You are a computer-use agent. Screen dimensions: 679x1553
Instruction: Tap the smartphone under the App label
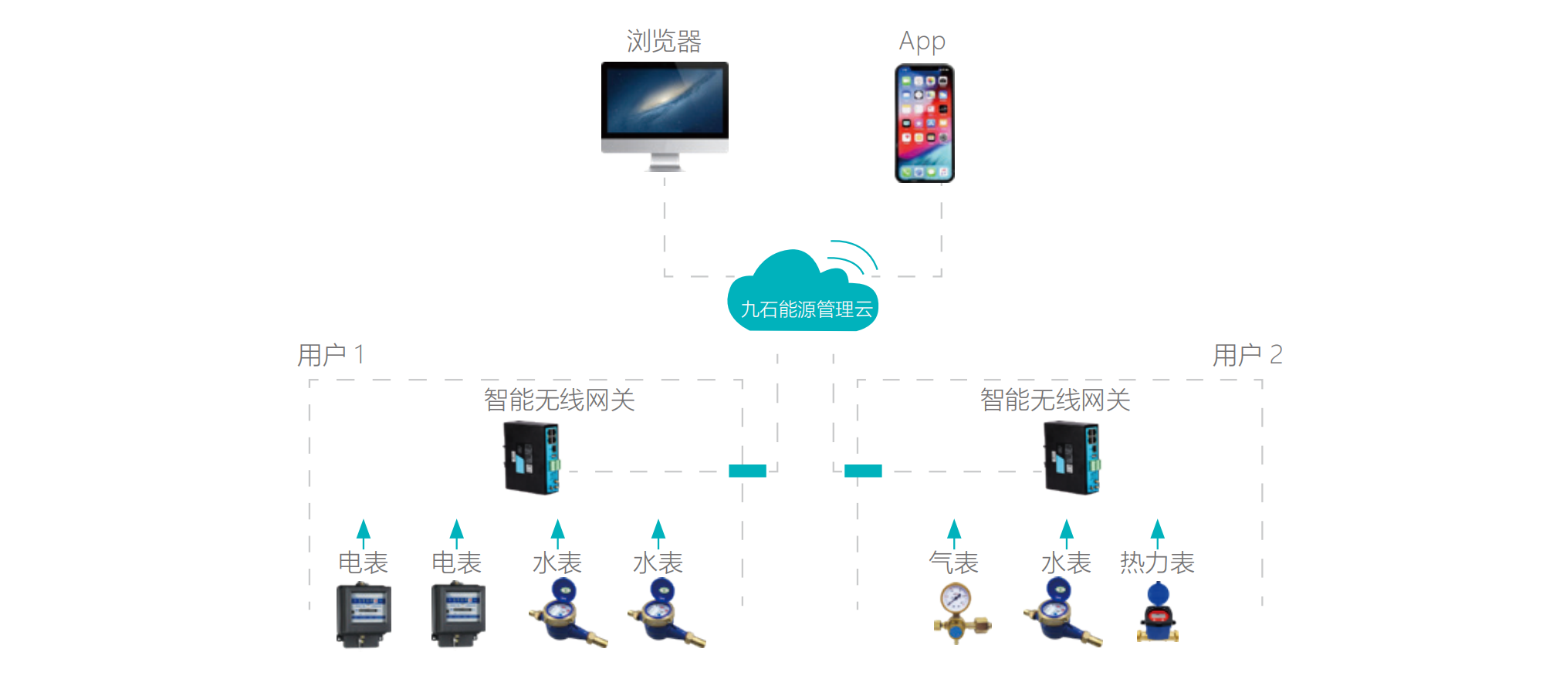point(924,123)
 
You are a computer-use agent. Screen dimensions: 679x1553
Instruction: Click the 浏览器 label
point(664,41)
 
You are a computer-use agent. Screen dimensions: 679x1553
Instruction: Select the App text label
point(922,41)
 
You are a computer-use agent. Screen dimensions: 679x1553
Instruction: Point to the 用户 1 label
point(330,355)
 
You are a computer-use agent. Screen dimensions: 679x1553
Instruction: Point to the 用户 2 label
point(1247,355)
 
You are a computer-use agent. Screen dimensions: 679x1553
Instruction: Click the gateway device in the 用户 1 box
point(531,458)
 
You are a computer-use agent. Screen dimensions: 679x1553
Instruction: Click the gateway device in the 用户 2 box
point(1071,458)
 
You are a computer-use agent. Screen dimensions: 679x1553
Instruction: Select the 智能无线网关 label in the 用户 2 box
point(1055,400)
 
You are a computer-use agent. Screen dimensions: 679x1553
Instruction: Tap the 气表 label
point(953,562)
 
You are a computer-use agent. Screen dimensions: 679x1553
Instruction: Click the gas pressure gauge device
point(958,613)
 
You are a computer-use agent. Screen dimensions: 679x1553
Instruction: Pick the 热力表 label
point(1156,562)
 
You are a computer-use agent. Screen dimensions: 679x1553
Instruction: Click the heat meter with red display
point(1157,615)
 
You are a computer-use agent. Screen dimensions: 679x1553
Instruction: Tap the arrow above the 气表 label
point(954,532)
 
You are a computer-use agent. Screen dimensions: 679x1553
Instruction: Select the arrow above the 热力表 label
point(1157,532)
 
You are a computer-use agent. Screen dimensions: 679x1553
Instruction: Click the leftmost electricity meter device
point(364,615)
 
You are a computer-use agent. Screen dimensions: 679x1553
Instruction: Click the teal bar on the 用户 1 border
point(747,471)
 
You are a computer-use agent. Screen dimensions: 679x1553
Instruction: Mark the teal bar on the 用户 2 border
point(863,471)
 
